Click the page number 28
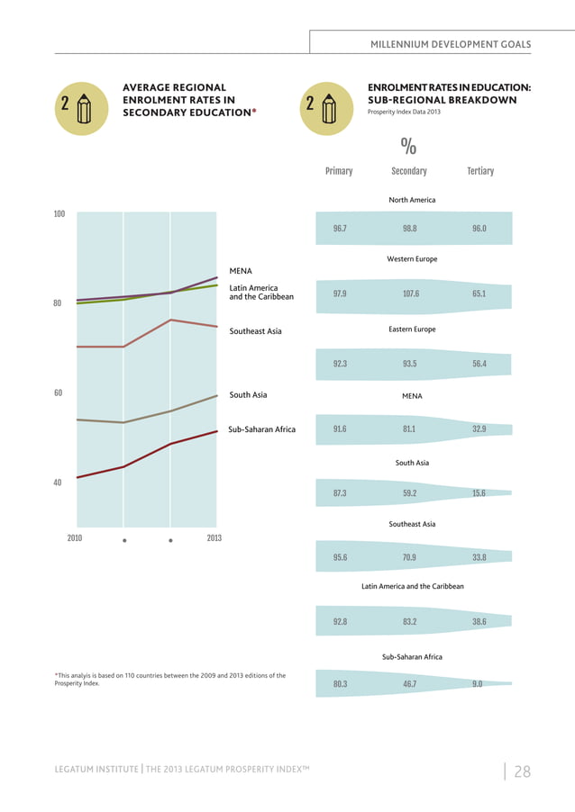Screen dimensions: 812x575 [522, 771]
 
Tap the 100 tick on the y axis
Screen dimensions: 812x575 [59, 214]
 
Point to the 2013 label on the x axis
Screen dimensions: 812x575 [214, 538]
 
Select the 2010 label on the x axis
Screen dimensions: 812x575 [75, 538]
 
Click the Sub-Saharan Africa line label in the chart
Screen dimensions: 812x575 [261, 429]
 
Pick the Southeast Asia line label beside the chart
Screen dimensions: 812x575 [255, 331]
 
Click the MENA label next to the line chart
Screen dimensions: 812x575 [241, 270]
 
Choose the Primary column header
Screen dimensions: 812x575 [339, 171]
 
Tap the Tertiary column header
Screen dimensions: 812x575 [480, 171]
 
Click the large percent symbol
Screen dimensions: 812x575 [408, 146]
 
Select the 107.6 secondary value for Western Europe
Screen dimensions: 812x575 [409, 293]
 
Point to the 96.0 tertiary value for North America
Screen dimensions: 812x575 [479, 229]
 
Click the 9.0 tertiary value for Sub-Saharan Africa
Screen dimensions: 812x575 [477, 684]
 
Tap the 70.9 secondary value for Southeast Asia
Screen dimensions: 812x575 [409, 557]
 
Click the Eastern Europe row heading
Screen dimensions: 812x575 [412, 329]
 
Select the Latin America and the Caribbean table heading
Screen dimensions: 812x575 [412, 586]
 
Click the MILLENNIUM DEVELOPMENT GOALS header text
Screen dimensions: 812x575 [451, 44]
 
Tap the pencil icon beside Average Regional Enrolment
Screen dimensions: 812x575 [85, 107]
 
